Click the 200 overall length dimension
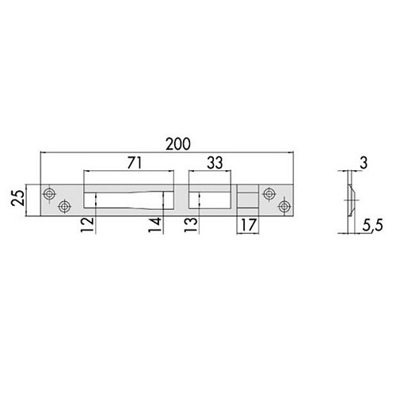[x=178, y=144]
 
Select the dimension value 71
[x=135, y=163]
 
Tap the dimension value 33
[x=215, y=163]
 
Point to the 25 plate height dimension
[x=18, y=198]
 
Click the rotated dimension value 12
[x=88, y=225]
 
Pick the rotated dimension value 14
[x=155, y=225]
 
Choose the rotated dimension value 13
[x=191, y=225]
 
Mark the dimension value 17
[x=249, y=225]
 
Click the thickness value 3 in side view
[x=364, y=163]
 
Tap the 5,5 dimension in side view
[x=372, y=226]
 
